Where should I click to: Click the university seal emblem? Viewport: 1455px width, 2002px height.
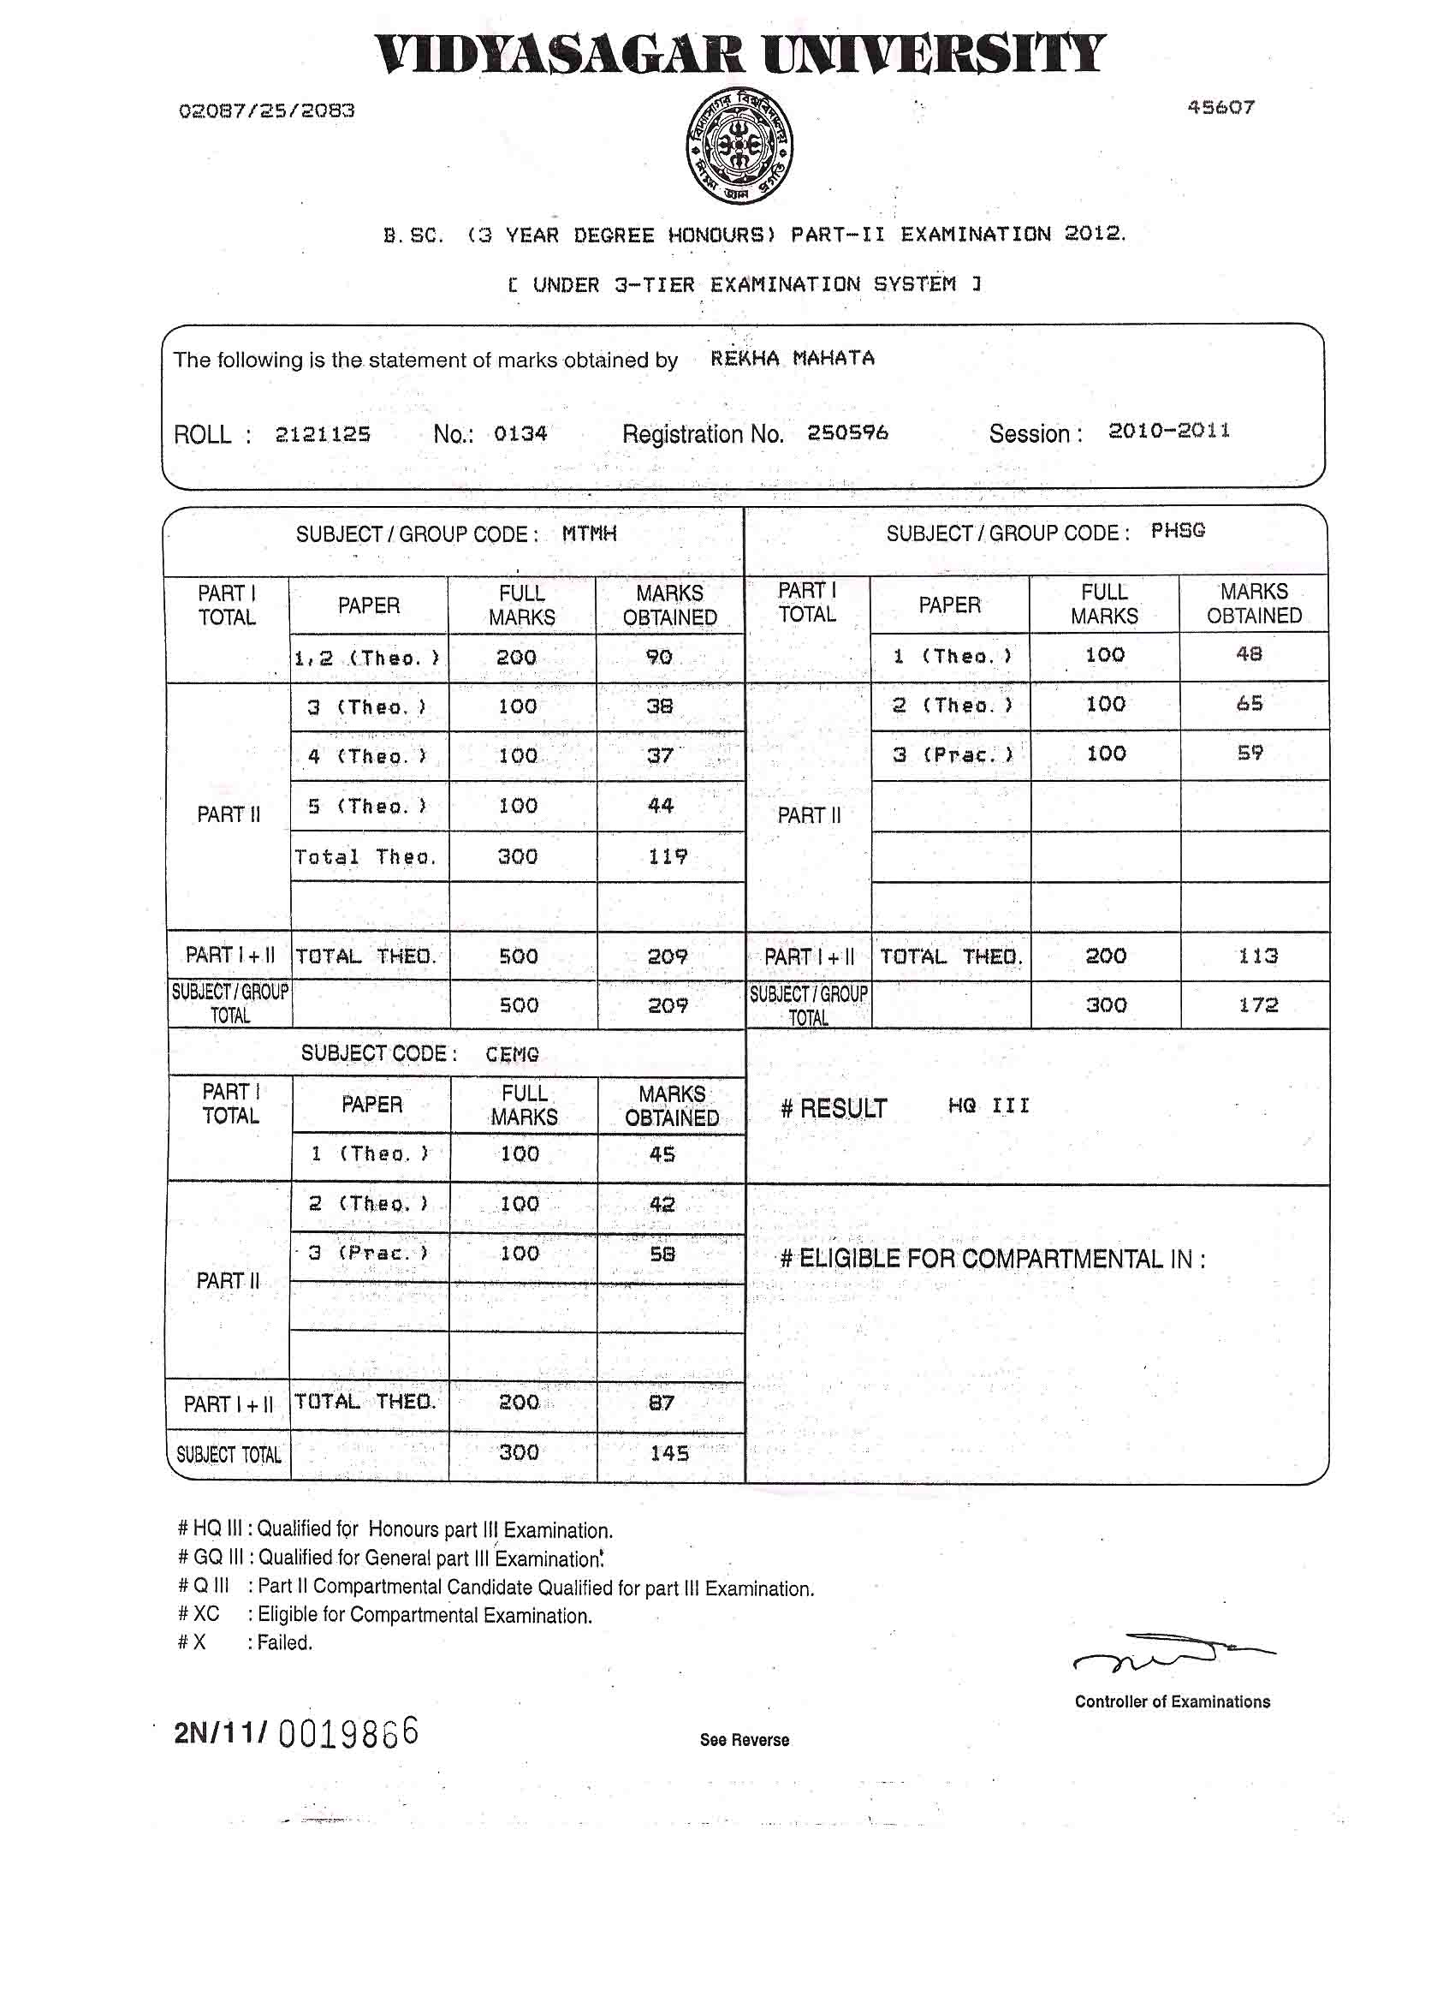[x=739, y=145]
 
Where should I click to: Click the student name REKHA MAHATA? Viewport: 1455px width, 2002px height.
[x=792, y=359]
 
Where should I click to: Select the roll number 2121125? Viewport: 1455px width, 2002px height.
[x=322, y=434]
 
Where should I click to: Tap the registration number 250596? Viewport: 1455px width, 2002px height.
[x=847, y=432]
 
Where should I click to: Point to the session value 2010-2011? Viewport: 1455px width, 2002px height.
[x=1168, y=431]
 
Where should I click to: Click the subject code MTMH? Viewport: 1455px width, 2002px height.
[x=589, y=534]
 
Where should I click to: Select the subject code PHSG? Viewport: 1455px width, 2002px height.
[x=1177, y=531]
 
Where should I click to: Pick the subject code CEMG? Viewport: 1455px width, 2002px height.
[x=512, y=1054]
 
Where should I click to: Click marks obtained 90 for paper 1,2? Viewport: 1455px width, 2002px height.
[x=659, y=658]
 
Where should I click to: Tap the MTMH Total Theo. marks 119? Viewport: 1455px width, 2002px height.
[x=667, y=856]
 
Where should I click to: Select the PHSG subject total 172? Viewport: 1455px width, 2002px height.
[x=1257, y=1004]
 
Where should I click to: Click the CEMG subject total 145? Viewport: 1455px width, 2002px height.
[x=668, y=1453]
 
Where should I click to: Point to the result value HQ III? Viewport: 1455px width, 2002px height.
[x=989, y=1106]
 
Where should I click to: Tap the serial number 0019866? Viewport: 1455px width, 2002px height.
[x=347, y=1733]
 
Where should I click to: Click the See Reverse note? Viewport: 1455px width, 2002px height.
[x=744, y=1740]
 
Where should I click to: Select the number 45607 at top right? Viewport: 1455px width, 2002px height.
[x=1220, y=108]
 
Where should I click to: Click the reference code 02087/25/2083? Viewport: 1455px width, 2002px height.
[x=266, y=111]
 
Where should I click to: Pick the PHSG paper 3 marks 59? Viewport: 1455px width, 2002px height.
[x=1250, y=753]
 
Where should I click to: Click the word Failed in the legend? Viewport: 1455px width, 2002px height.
[x=285, y=1642]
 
